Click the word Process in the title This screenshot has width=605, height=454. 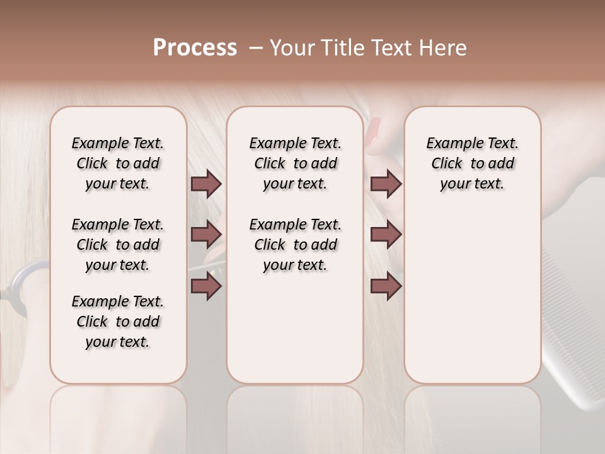(195, 48)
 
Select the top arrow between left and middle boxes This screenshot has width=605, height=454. (206, 183)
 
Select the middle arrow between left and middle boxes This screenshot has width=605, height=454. (206, 235)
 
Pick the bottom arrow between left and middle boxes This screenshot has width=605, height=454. (206, 286)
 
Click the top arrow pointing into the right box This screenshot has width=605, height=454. (386, 183)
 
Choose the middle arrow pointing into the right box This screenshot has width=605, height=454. (386, 235)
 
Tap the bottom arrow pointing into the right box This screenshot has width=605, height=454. (386, 286)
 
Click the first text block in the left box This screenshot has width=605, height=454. (118, 163)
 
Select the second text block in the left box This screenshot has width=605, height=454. (118, 245)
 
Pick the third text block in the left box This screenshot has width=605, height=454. (118, 322)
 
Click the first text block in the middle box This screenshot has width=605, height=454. (295, 163)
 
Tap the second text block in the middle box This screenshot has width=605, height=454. (295, 245)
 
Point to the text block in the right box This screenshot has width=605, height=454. (472, 163)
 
